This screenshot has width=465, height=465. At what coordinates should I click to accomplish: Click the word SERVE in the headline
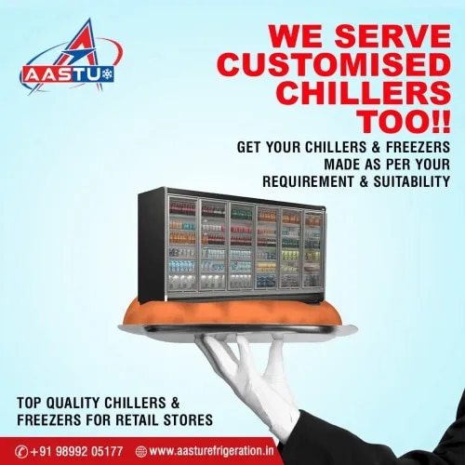[x=392, y=36]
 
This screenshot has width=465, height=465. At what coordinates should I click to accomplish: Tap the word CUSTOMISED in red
[x=334, y=66]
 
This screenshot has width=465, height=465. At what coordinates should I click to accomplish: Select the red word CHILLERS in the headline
[x=365, y=93]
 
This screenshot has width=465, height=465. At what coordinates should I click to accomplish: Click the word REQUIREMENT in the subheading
[x=308, y=181]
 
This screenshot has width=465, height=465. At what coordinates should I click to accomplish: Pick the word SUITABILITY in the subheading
[x=412, y=181]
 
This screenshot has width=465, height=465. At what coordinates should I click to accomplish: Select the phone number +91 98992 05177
[x=76, y=451]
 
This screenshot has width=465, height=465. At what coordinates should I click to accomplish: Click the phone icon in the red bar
[x=21, y=451]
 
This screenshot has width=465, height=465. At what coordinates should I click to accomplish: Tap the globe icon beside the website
[x=141, y=451]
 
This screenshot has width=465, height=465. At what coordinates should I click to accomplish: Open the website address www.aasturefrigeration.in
[x=212, y=451]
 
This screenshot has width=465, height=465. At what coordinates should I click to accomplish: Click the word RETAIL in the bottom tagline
[x=136, y=419]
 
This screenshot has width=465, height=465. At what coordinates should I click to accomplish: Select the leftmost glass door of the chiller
[x=183, y=244]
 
